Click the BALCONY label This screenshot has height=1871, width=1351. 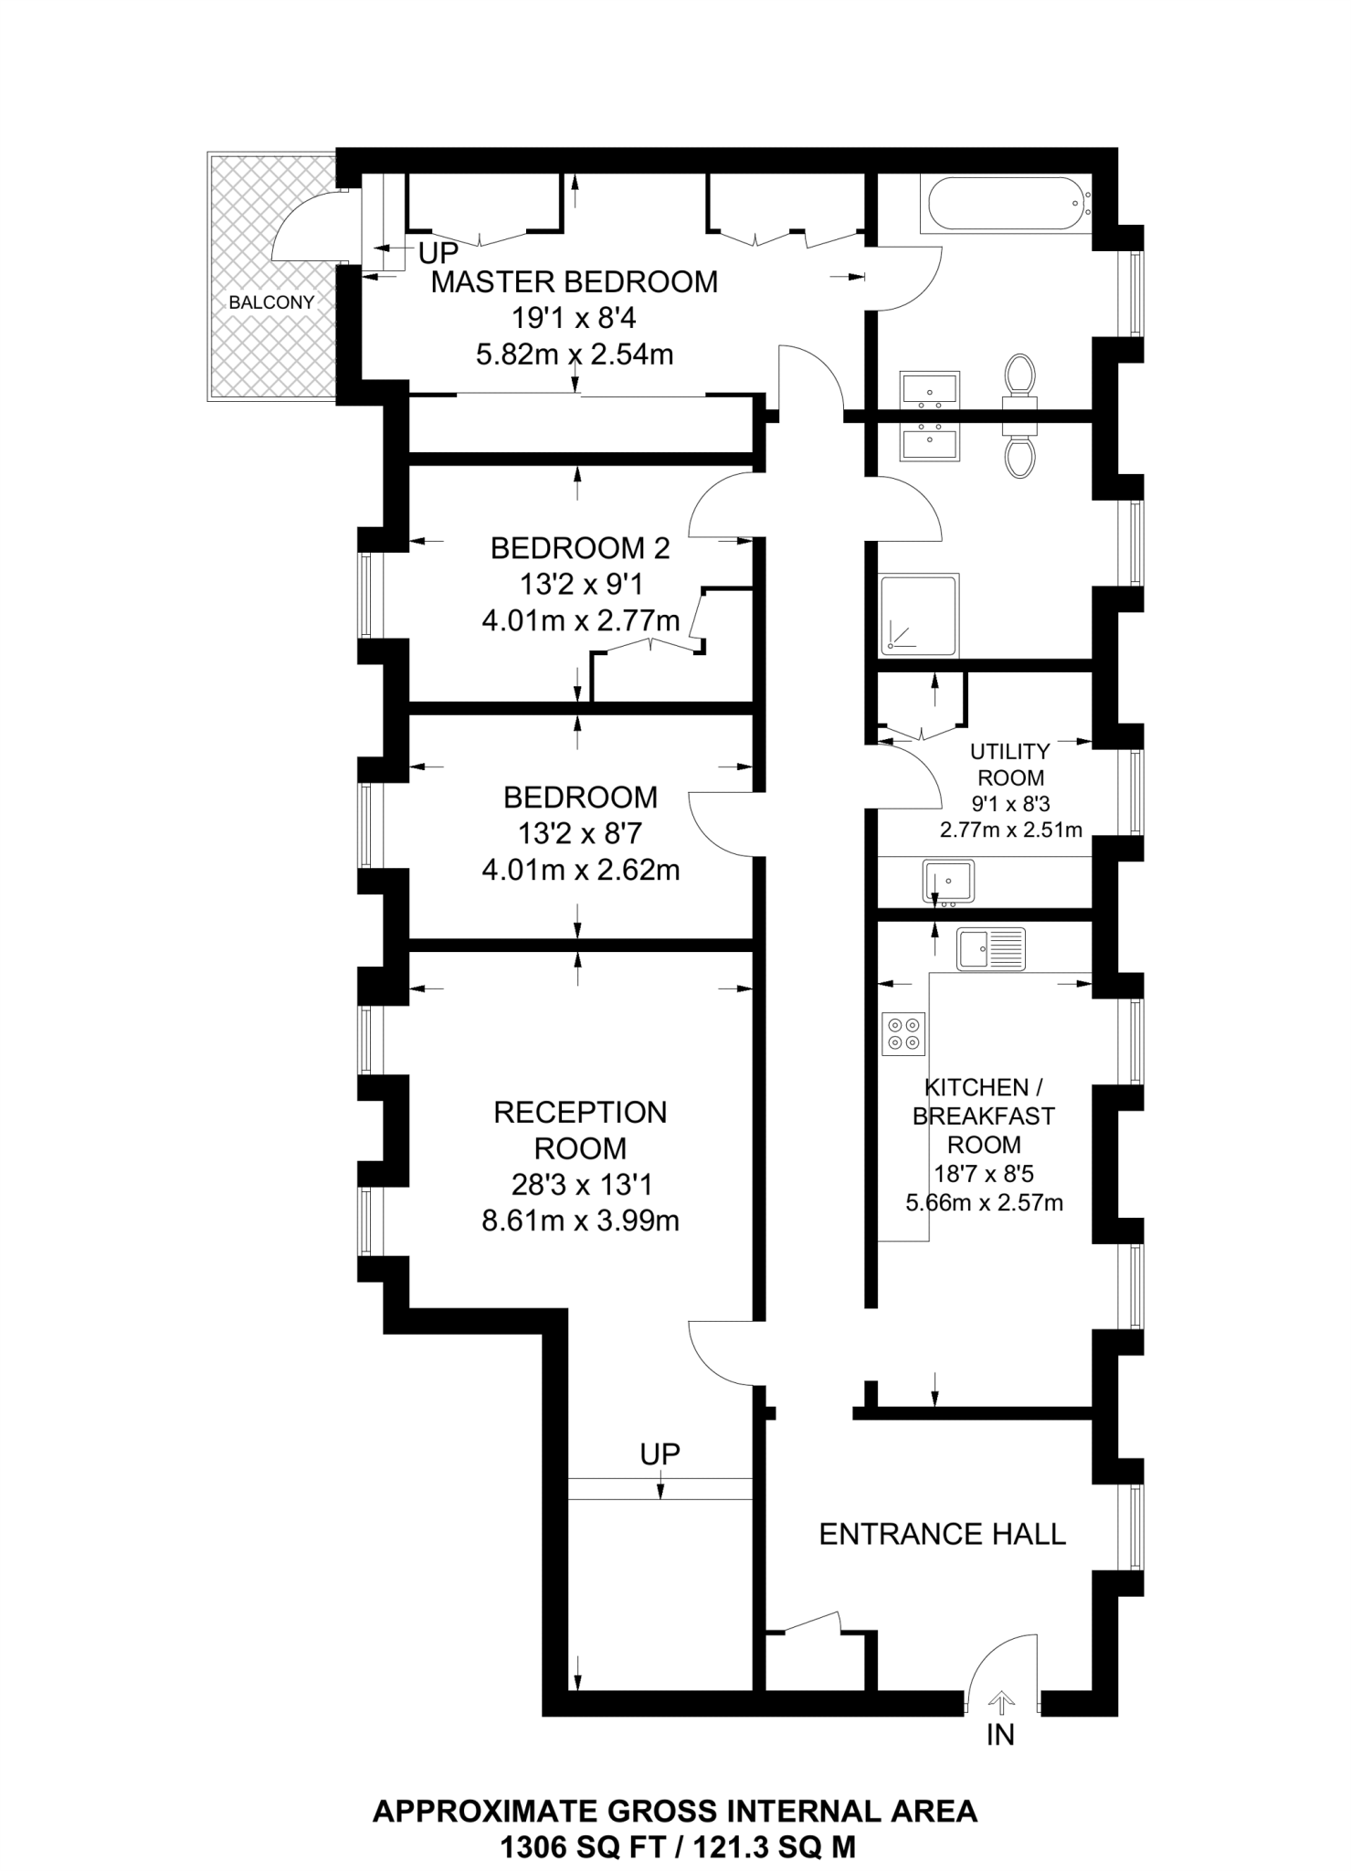[271, 302]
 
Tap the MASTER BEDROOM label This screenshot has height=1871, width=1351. [574, 282]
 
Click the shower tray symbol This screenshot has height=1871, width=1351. [919, 615]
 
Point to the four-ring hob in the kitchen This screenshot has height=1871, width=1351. [903, 1034]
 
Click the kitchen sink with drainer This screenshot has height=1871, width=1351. [991, 948]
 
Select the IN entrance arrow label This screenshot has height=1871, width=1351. [1000, 1734]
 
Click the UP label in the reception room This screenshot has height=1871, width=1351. [660, 1454]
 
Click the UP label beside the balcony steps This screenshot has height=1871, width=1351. [438, 253]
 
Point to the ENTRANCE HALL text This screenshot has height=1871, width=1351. [942, 1534]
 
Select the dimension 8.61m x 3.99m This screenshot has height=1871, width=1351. [580, 1221]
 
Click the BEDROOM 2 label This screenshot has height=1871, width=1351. [580, 548]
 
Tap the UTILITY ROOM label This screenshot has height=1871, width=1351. [1009, 765]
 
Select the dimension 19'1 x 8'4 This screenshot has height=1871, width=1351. [574, 318]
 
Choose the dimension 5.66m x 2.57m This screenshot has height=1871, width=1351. [984, 1203]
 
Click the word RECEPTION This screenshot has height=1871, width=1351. [580, 1113]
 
